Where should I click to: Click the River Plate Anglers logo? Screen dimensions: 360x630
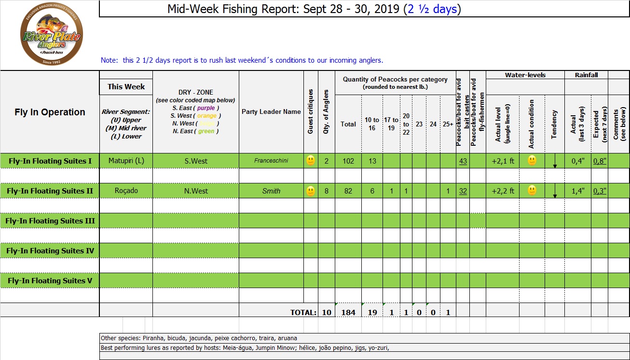[51, 36]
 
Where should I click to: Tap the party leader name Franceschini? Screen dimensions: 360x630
[271, 161]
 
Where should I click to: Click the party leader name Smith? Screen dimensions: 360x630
[271, 191]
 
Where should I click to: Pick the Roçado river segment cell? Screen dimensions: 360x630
[126, 191]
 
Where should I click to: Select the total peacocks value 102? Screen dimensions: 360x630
[348, 161]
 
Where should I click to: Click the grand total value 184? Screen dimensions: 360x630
[348, 312]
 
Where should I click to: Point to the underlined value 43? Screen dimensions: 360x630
[463, 161]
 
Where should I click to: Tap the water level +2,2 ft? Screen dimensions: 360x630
[503, 191]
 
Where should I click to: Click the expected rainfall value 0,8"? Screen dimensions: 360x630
[600, 161]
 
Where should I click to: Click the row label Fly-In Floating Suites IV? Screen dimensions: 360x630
[50, 251]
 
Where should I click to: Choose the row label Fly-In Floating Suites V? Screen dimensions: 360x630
[50, 281]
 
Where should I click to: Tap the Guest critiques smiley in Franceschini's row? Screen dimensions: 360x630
[311, 161]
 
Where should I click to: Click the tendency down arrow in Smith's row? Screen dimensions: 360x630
[555, 192]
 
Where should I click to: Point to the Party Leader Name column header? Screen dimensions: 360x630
[271, 111]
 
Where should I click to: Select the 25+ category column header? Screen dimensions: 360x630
[448, 124]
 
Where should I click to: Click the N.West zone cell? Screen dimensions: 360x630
[196, 191]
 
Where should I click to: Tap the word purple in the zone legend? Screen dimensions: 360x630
[206, 108]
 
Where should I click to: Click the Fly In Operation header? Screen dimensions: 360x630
[50, 112]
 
